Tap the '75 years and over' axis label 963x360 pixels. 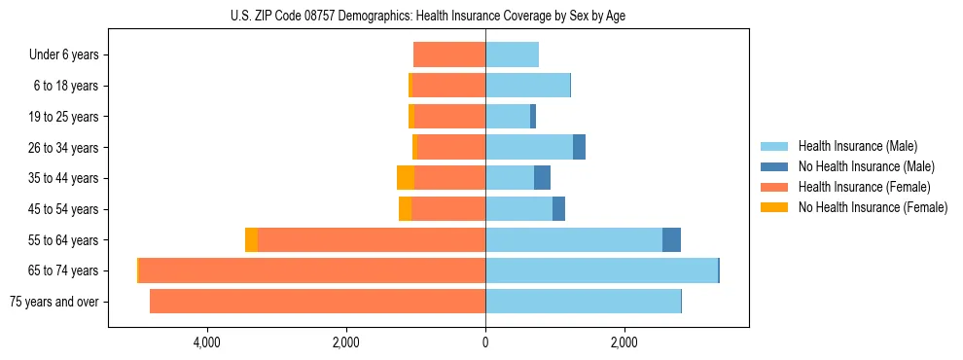54,302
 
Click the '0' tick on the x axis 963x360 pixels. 485,342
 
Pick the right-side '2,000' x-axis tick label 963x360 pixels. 624,342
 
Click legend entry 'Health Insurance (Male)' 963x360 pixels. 857,146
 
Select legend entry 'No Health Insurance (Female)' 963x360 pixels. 873,207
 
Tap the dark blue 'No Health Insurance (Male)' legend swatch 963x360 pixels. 775,166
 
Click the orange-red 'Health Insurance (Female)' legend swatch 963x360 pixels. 775,187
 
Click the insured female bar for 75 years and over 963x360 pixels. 317,302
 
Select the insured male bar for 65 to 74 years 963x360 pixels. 601,270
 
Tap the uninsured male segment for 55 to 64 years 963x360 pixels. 671,239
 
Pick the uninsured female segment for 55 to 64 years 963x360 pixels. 251,239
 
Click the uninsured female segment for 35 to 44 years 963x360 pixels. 406,178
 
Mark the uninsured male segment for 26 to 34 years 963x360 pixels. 579,147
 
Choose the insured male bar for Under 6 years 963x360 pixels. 512,54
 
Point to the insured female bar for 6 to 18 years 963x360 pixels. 448,86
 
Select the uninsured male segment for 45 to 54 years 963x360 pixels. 558,209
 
